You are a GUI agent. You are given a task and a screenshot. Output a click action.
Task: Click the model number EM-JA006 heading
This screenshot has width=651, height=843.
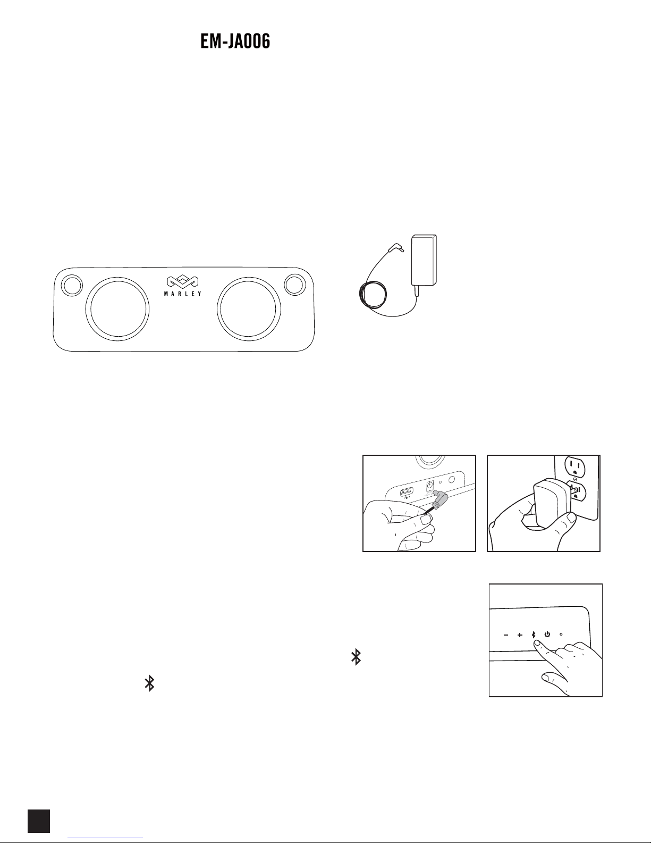click(x=235, y=41)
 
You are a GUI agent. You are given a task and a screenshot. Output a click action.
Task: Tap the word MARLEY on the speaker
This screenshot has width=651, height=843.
click(x=182, y=294)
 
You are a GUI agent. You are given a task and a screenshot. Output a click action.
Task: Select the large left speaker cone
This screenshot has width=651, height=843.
click(x=117, y=309)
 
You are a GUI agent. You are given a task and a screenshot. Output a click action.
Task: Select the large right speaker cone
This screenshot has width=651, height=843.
click(x=249, y=309)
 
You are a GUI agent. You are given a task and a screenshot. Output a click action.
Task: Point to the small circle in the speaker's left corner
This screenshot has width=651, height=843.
click(x=72, y=285)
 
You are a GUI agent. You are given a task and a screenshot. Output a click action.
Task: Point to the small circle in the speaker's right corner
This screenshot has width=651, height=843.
click(x=294, y=284)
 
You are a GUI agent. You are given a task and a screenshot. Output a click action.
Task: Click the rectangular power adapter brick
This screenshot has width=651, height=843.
click(x=424, y=260)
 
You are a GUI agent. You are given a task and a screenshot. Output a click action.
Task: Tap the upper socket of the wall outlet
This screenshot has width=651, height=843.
click(x=575, y=466)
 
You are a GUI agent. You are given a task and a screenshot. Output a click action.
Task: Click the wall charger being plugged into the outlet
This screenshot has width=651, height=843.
click(x=549, y=503)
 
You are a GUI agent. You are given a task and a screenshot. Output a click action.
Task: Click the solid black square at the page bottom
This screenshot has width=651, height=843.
click(x=39, y=821)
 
